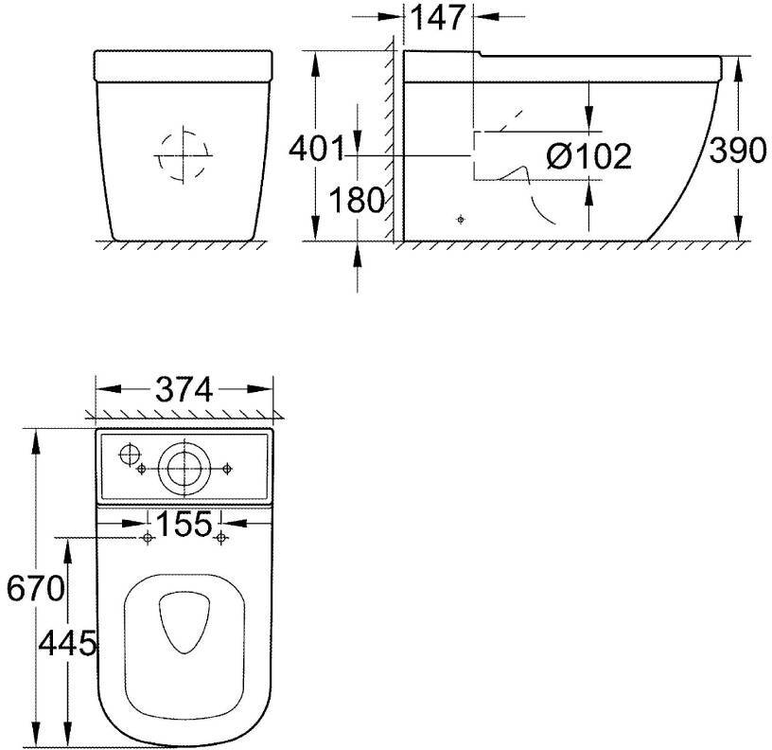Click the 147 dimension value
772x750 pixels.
(438, 17)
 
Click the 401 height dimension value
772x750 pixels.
(317, 149)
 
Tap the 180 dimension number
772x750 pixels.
(356, 200)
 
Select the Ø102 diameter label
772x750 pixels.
(588, 156)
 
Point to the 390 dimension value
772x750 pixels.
(738, 150)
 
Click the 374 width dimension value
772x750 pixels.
(184, 389)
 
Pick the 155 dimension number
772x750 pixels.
(184, 524)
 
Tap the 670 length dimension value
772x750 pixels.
(35, 588)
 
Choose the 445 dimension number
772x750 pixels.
(67, 643)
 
